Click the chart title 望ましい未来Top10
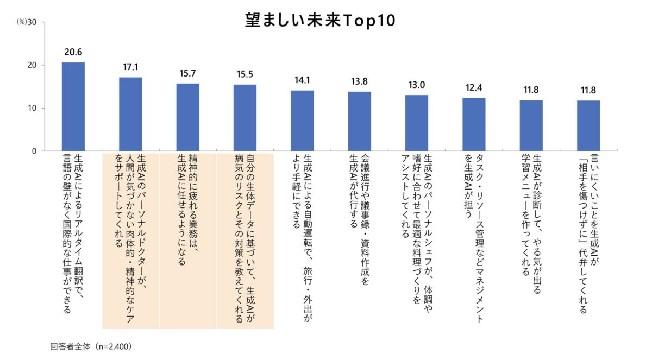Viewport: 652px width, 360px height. point(319,20)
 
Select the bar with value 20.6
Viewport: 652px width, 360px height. point(73,106)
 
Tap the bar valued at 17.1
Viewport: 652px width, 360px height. point(130,114)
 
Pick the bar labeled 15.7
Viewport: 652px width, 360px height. point(187,117)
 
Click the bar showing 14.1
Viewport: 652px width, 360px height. point(302,121)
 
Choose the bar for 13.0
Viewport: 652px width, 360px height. point(416,123)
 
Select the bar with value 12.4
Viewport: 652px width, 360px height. point(474,124)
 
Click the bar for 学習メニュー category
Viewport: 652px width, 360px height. point(531,125)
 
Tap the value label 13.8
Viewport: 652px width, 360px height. point(359,81)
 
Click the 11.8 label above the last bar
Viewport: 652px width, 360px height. point(588,90)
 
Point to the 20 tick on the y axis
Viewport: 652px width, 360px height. point(32,65)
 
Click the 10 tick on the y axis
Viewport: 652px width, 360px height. point(32,108)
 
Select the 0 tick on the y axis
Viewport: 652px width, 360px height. point(34,151)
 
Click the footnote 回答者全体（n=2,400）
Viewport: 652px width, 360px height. point(91,345)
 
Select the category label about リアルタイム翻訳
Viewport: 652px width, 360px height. point(73,233)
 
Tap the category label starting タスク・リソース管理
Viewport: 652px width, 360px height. point(474,236)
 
